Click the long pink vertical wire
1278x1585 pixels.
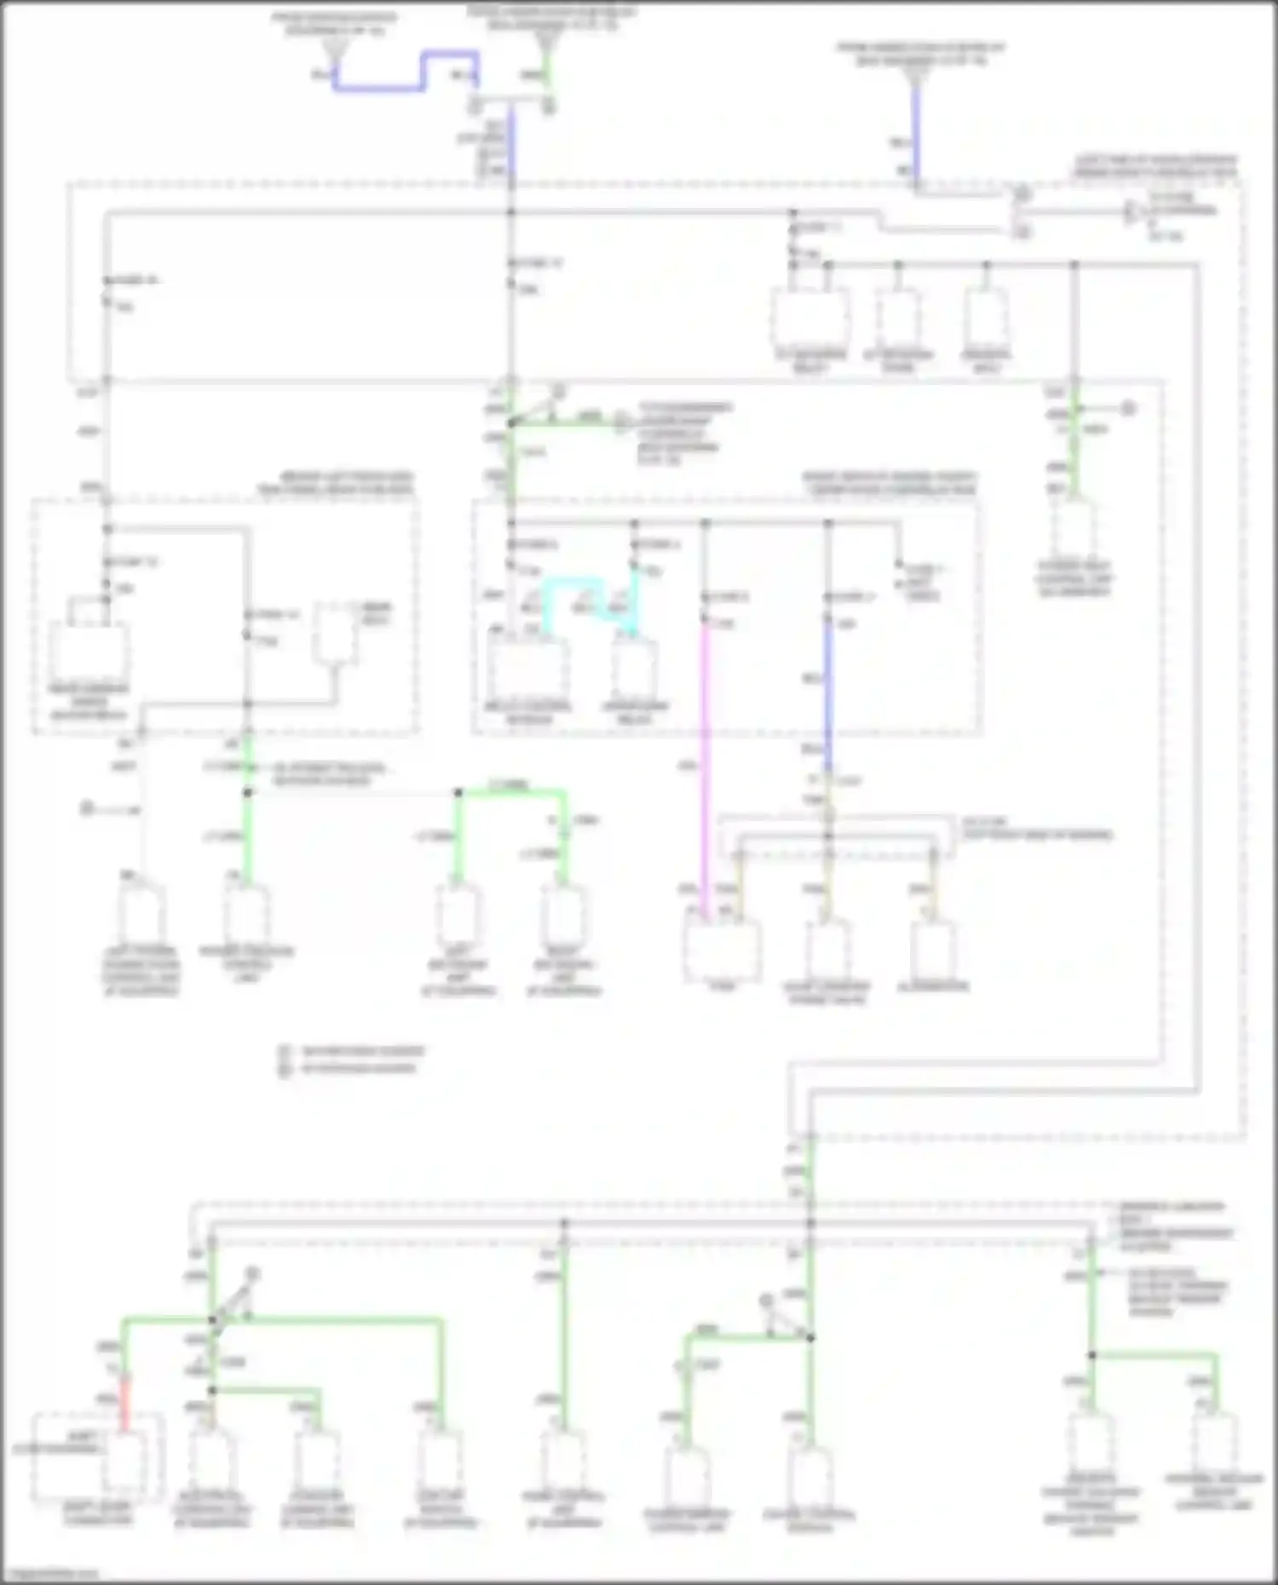click(705, 767)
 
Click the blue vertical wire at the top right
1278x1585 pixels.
click(916, 128)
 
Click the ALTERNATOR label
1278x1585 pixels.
click(933, 986)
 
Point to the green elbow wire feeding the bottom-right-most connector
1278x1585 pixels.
click(1176, 1355)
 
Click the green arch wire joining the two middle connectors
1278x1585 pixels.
click(511, 792)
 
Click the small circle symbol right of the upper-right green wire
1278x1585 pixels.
click(1128, 409)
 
